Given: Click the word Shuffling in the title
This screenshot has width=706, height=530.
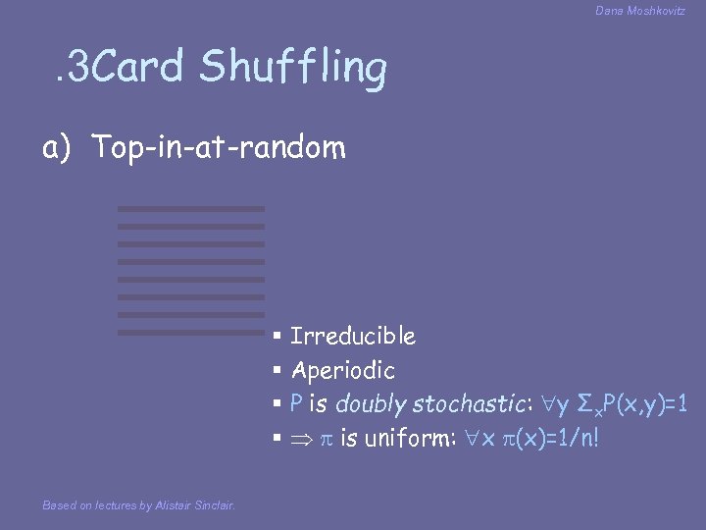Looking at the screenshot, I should pos(293,69).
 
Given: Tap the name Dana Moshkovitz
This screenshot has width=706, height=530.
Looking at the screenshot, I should pos(640,10).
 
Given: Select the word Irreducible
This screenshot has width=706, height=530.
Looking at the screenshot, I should pos(353,337).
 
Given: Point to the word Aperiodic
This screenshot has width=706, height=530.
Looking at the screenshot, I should pos(343,371).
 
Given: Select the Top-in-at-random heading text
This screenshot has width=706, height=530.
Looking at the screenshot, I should pos(220,147).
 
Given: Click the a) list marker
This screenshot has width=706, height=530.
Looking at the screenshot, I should pos(54,147).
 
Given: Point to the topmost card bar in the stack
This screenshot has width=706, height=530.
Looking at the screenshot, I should pos(191,209).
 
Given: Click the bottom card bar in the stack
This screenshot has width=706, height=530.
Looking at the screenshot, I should pos(191,333).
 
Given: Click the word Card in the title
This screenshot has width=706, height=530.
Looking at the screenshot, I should pos(141,67).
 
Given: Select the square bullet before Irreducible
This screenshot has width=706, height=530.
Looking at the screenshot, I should pos(277,337).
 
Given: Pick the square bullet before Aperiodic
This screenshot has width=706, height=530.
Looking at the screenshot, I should pos(277,371).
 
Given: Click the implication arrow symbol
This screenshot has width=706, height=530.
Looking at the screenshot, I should pos(298,439).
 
